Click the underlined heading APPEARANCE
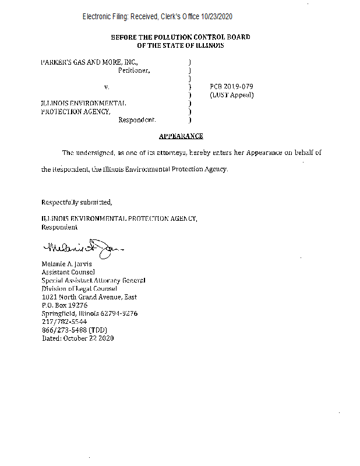coord(181,136)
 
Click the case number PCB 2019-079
coord(231,86)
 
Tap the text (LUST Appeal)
coord(231,94)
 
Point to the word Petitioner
coord(134,70)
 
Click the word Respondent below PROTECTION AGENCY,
coord(137,120)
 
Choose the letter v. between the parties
coord(107,87)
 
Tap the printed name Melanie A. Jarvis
coord(66,264)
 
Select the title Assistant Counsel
coord(68,272)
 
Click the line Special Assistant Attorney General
coord(93,280)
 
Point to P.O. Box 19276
coord(64,305)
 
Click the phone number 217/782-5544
coord(64,322)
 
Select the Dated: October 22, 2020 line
coord(77,338)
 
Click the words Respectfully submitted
coord(76,203)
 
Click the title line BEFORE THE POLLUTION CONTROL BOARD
coord(181,37)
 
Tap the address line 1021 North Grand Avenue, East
coord(89,296)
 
